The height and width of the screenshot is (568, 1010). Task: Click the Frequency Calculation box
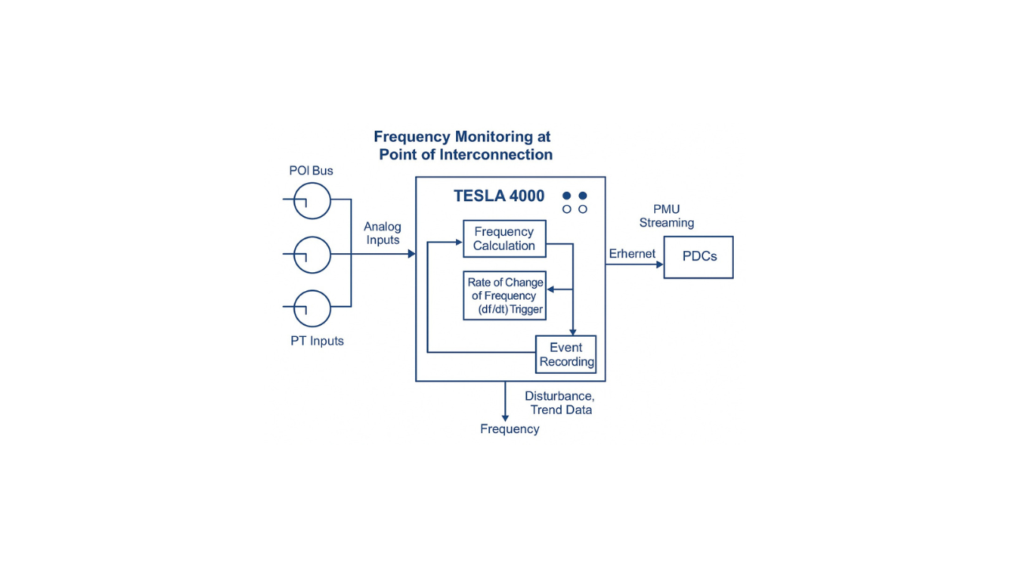tap(504, 239)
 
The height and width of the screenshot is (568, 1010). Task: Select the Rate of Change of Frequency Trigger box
tap(505, 296)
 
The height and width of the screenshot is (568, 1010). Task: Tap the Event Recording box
tap(566, 355)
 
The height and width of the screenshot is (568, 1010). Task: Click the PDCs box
tap(698, 257)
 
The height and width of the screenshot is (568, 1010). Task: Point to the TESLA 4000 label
tap(499, 196)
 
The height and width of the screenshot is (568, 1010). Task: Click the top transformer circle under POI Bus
tap(312, 200)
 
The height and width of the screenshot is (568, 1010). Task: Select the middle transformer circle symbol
tap(312, 255)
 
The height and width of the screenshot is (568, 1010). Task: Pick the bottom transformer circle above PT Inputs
tap(312, 308)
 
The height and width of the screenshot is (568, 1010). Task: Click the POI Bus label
tap(311, 171)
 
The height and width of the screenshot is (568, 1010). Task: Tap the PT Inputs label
tap(317, 342)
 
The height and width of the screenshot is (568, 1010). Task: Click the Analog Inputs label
tap(383, 234)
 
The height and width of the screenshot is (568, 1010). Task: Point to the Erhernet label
tap(632, 254)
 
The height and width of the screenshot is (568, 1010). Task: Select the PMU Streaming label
tap(667, 216)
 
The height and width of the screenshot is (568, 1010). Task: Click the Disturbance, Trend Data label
tap(559, 403)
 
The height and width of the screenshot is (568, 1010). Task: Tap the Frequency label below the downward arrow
tap(510, 429)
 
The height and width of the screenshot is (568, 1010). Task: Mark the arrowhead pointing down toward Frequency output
tap(505, 417)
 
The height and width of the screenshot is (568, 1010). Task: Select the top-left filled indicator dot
tap(567, 196)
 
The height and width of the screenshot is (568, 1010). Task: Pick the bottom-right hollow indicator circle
tap(583, 209)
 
